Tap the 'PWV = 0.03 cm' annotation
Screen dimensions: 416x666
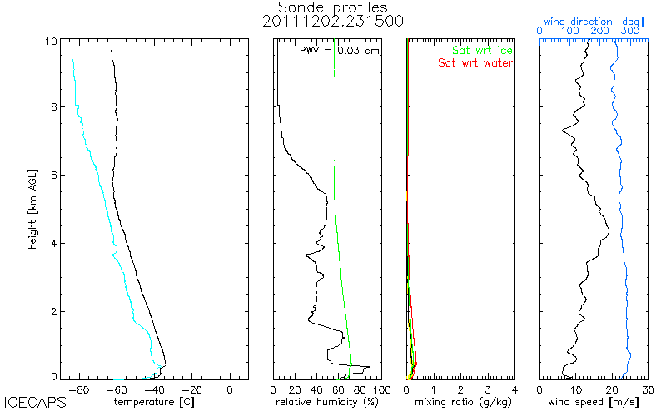tap(338, 51)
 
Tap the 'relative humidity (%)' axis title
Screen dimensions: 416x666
tap(328, 402)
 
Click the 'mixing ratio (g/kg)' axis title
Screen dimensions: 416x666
tap(460, 402)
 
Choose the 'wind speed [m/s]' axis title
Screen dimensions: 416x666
tap(594, 402)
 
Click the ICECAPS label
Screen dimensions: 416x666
tap(34, 407)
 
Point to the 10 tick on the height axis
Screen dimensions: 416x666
tap(52, 40)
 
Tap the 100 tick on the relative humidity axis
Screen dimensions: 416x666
tap(380, 389)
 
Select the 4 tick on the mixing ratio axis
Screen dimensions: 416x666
tap(514, 389)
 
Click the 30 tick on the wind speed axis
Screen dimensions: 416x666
tap(649, 389)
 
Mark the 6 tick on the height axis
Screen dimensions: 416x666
tap(54, 175)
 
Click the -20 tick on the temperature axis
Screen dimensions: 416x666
tap(192, 389)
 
